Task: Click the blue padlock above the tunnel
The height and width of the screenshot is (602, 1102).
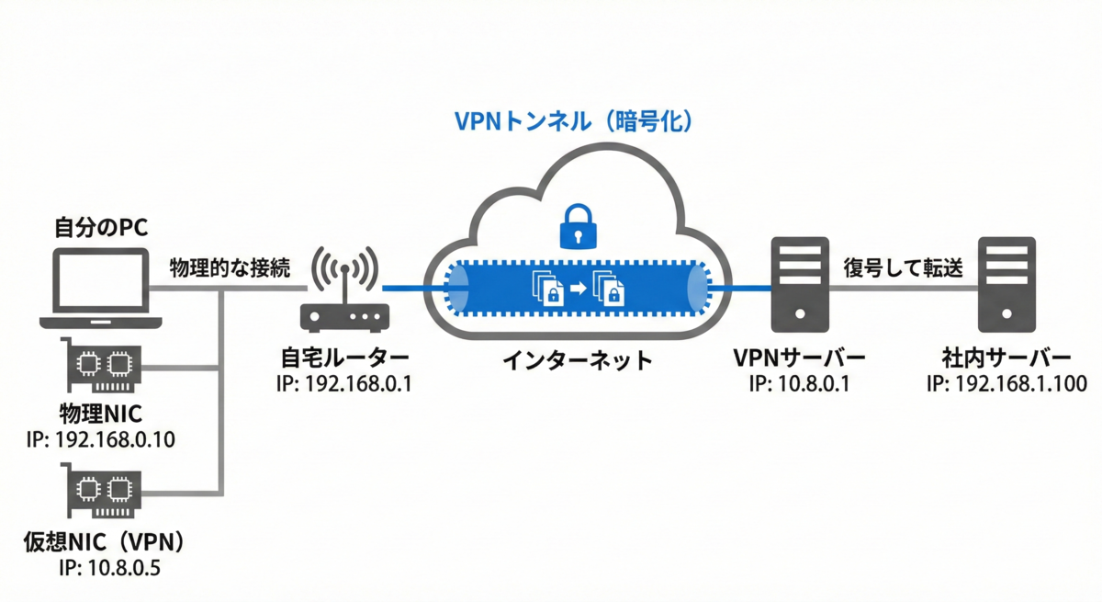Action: point(578,226)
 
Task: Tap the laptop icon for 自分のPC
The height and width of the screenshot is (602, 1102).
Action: point(101,288)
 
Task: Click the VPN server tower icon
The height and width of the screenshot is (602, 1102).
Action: point(800,285)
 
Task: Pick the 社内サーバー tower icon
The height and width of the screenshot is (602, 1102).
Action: point(1006,285)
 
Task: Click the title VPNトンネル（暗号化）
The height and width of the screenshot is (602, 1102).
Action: point(574,121)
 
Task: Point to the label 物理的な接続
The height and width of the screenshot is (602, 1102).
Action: point(230,268)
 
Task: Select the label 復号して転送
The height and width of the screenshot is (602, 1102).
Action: point(904,268)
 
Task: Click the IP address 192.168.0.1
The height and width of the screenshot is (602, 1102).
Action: point(358,384)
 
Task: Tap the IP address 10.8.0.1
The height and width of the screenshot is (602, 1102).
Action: point(814,384)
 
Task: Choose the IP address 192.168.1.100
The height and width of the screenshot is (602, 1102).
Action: point(1021,384)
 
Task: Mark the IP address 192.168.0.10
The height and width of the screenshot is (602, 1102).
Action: point(115,439)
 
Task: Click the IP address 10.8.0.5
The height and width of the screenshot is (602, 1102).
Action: point(124,568)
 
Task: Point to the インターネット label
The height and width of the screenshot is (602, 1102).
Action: point(578,360)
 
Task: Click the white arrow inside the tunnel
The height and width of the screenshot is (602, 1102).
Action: point(579,288)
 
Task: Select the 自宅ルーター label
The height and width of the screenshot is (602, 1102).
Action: point(345,358)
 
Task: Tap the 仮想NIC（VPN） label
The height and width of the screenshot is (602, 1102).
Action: point(106,542)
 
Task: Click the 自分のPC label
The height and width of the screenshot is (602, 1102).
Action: point(101,227)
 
